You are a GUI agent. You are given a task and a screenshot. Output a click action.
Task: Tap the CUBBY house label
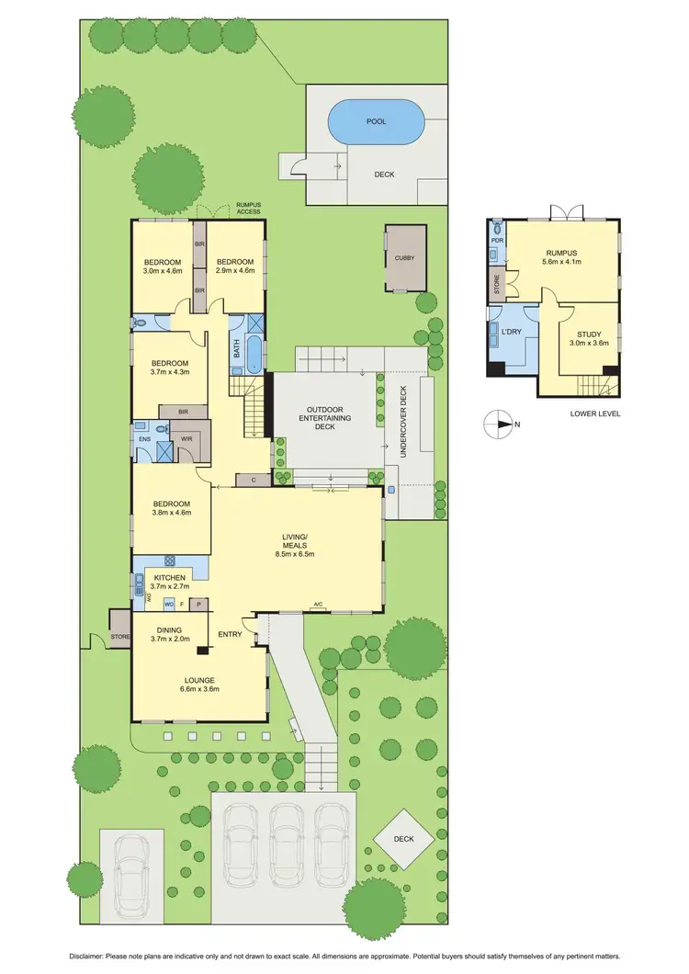coord(405,258)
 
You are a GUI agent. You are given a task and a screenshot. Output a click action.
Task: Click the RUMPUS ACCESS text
coord(248,209)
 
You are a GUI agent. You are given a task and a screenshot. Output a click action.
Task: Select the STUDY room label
coord(588,339)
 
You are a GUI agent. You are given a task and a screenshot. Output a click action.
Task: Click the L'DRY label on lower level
coord(513,330)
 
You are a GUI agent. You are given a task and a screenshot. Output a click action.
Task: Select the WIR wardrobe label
coord(186,439)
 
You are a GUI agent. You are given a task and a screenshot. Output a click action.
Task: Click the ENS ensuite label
coord(144,439)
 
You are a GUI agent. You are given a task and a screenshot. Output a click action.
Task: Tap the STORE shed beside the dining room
coord(120,635)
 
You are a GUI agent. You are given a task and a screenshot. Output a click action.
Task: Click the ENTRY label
coord(230,634)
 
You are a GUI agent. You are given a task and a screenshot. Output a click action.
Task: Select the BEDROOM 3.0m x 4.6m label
coord(163,266)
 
